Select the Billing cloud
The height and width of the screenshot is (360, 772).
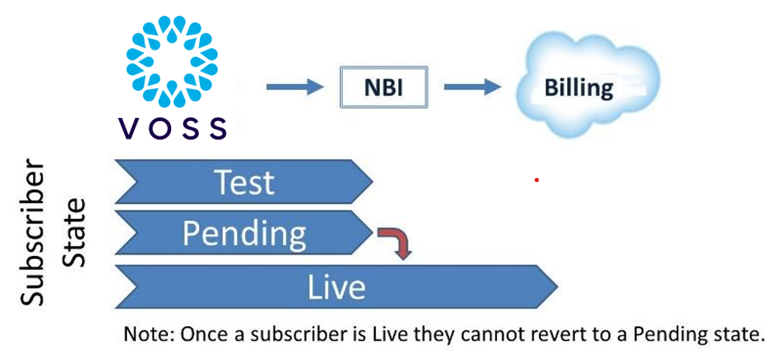(x=579, y=88)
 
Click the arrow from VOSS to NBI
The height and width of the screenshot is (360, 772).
(x=295, y=88)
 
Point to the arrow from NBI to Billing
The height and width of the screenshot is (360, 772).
(x=473, y=88)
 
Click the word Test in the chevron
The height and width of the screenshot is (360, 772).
(x=243, y=181)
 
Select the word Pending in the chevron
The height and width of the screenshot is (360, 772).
(x=244, y=234)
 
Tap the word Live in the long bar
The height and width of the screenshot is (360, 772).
(x=335, y=287)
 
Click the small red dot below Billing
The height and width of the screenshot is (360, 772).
(x=537, y=179)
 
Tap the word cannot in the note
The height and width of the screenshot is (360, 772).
(x=487, y=334)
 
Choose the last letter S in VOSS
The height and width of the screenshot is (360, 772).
(x=217, y=128)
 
